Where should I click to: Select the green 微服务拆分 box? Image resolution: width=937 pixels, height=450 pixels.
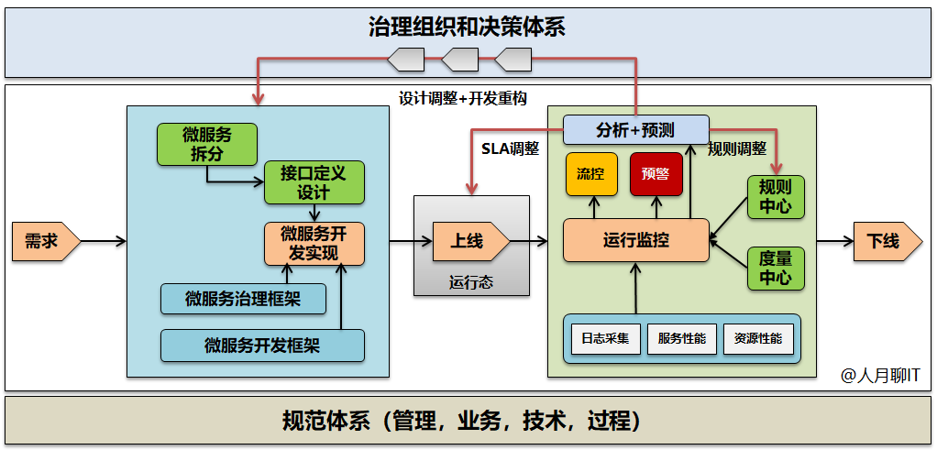(207, 144)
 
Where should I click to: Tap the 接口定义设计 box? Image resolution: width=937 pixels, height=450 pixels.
(314, 182)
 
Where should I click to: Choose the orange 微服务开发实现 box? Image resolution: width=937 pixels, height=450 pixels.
(314, 243)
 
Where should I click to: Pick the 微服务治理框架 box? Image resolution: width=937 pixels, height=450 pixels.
(243, 298)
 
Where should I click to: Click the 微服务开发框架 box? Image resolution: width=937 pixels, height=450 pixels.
(262, 346)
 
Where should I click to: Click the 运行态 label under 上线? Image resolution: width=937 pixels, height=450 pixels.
(471, 282)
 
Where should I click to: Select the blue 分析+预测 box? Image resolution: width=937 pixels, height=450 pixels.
(635, 129)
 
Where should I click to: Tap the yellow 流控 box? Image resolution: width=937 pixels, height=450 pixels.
(591, 174)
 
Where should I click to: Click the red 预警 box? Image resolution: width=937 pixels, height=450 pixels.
(656, 174)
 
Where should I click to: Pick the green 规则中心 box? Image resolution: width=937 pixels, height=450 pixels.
(776, 196)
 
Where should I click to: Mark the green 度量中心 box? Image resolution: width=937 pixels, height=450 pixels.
(776, 268)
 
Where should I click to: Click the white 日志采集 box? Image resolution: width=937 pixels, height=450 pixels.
(605, 339)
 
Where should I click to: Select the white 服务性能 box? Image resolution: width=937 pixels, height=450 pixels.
(681, 339)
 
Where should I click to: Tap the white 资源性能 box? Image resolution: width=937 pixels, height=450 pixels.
(757, 339)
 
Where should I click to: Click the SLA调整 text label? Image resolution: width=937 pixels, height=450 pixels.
(510, 148)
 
